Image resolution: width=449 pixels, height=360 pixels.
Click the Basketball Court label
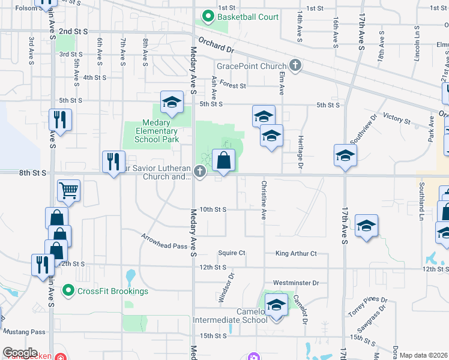click(x=248, y=17)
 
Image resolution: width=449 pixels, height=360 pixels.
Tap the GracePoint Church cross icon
click(x=295, y=65)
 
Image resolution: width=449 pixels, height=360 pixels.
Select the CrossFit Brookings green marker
click(x=69, y=292)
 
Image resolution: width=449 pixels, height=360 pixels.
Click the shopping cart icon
click(x=69, y=191)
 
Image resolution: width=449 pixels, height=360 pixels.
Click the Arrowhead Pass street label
click(x=165, y=245)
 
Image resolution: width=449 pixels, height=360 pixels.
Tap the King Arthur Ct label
click(x=295, y=254)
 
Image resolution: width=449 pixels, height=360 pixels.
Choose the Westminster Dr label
click(x=295, y=282)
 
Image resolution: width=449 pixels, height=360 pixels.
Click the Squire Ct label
click(x=232, y=253)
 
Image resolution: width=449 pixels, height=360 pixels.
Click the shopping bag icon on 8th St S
click(x=223, y=161)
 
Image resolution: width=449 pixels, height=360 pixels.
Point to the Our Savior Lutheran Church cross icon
click(x=199, y=172)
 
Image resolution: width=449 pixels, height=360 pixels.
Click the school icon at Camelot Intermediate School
click(x=276, y=306)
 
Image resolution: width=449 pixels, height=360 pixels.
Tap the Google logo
click(x=20, y=353)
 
